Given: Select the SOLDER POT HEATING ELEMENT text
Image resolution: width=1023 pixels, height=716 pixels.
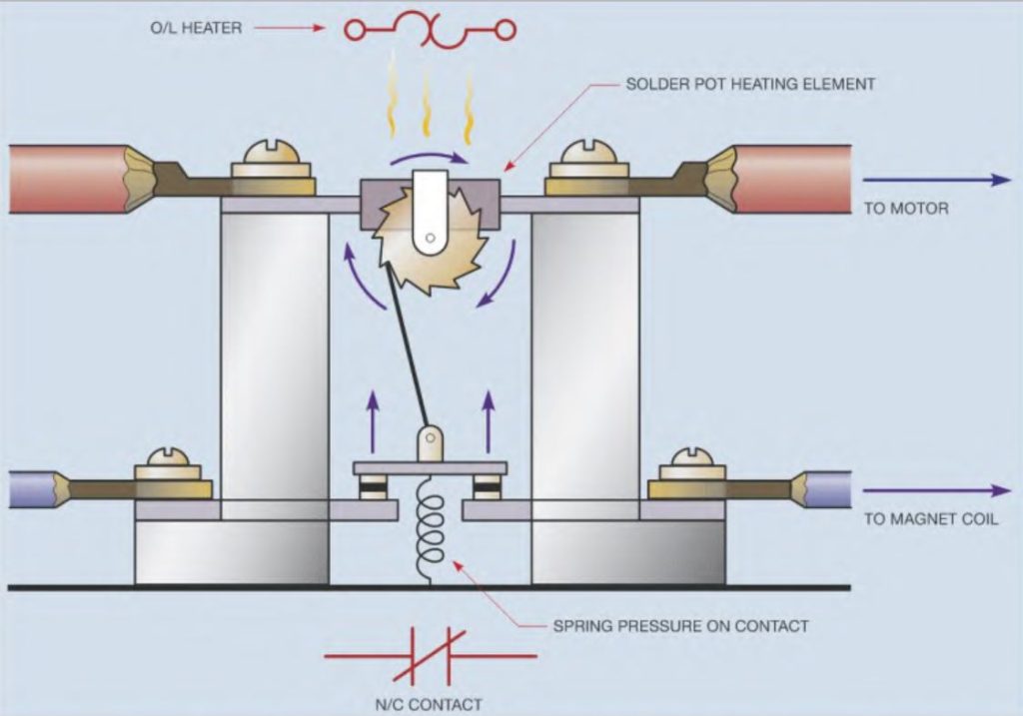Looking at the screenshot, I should point(750,84).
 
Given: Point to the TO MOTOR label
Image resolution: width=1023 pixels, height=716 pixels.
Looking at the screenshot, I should point(904,209).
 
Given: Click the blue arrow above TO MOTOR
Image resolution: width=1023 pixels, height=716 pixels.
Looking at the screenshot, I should point(936,180).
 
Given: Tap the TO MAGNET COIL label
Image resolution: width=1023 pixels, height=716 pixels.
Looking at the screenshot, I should point(930,519).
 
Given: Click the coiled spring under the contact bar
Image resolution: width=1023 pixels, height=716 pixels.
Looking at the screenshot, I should point(431,524).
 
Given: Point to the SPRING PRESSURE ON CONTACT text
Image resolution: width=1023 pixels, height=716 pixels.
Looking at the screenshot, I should point(680,626).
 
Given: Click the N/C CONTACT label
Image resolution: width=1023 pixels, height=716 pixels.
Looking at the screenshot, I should point(431,703).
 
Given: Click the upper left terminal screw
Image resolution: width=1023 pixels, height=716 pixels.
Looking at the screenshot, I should point(274,160).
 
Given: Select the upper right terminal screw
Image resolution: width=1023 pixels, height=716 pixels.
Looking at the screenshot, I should point(586,159).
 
